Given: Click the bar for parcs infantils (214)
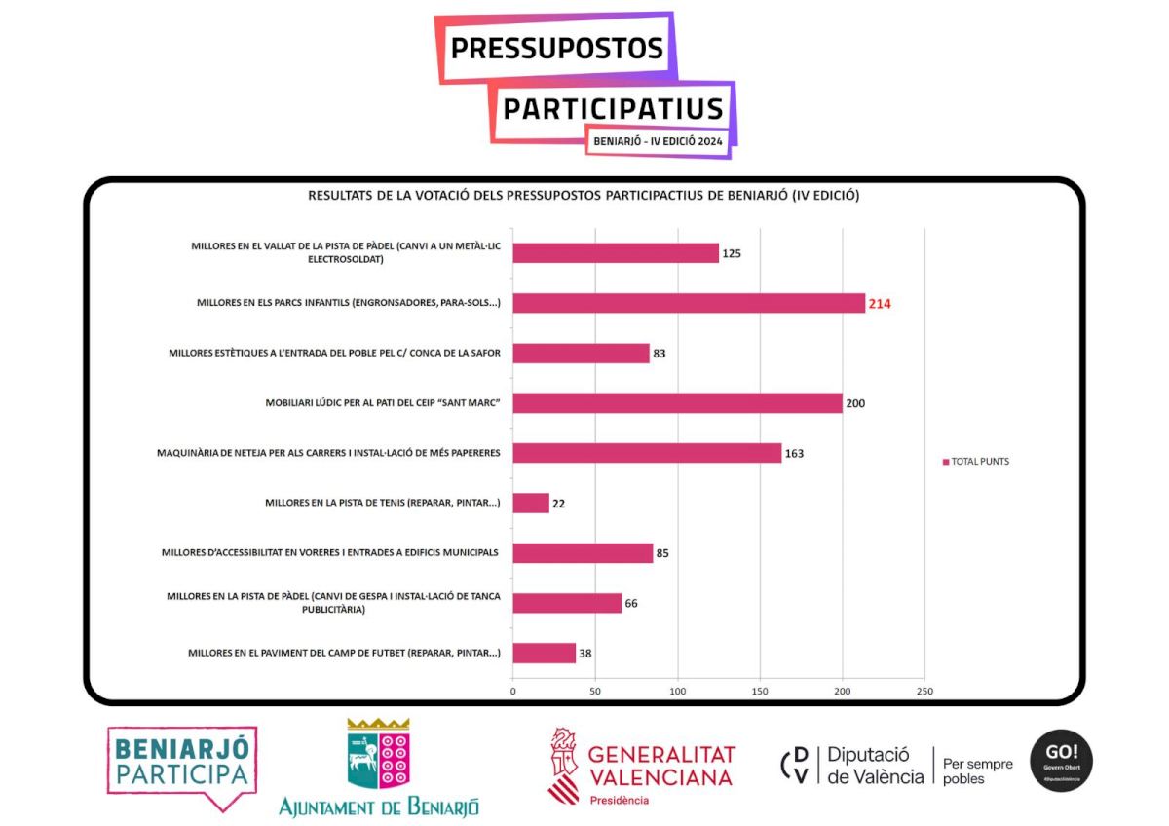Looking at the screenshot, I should tap(688, 303).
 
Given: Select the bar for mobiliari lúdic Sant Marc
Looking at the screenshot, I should tap(677, 403).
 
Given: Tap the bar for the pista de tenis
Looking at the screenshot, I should tap(531, 504).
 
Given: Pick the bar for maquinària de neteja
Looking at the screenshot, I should tap(647, 453).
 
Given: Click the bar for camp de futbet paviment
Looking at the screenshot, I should tap(544, 654).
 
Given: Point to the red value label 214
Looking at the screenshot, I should tap(880, 304).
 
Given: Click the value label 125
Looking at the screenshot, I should tap(732, 254).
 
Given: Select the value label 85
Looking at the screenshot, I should tap(662, 554).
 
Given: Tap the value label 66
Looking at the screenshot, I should tap(631, 604).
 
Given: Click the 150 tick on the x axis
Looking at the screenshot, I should tap(760, 692).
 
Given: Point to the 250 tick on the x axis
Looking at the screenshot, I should tap(924, 692).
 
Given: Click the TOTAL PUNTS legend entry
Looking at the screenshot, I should tap(975, 462).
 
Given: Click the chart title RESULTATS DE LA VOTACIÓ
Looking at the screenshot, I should tap(584, 195).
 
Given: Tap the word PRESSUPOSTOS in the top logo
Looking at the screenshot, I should tap(556, 48).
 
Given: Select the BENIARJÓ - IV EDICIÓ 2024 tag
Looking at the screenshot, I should tap(658, 141).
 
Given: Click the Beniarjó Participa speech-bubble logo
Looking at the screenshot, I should tap(182, 766).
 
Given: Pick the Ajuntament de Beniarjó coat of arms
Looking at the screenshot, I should tap(378, 754).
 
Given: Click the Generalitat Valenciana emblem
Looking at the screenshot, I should tap(563, 764).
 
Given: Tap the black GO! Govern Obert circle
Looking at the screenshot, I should tap(1061, 761).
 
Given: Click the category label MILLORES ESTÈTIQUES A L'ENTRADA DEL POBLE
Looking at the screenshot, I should tap(335, 353).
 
